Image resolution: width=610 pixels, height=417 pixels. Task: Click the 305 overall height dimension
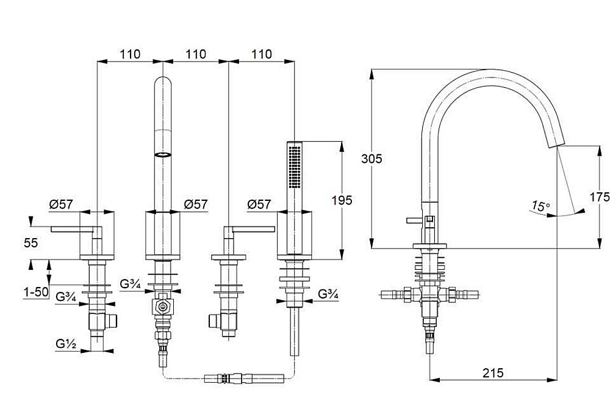373,159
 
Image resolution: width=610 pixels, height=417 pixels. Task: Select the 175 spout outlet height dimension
600,197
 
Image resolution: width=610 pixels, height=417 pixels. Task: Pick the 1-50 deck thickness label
36,292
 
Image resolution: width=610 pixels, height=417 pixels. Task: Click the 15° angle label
538,206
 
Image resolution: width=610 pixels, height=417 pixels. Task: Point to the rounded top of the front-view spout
163,81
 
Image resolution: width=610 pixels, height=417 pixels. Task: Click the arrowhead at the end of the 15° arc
581,211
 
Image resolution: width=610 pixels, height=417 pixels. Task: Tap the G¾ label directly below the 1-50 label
65,297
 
